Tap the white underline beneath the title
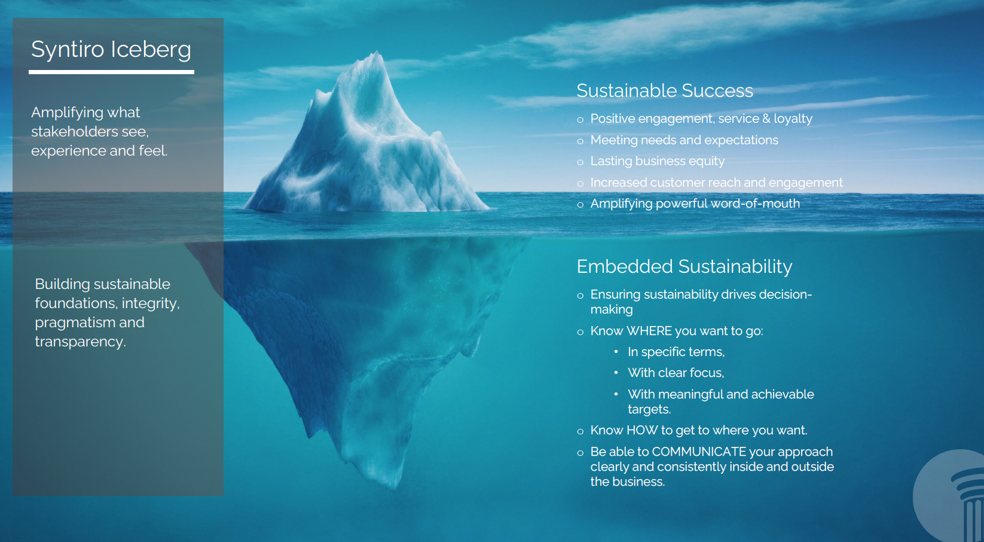click(x=112, y=72)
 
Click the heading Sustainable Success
click(x=665, y=90)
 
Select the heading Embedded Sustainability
click(x=684, y=267)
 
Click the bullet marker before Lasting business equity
click(x=580, y=162)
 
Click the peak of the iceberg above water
click(x=377, y=52)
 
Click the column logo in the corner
click(x=949, y=497)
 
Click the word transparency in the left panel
click(x=80, y=342)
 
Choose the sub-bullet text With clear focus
click(x=676, y=373)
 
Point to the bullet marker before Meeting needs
click(x=580, y=141)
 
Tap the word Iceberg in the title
click(x=151, y=49)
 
